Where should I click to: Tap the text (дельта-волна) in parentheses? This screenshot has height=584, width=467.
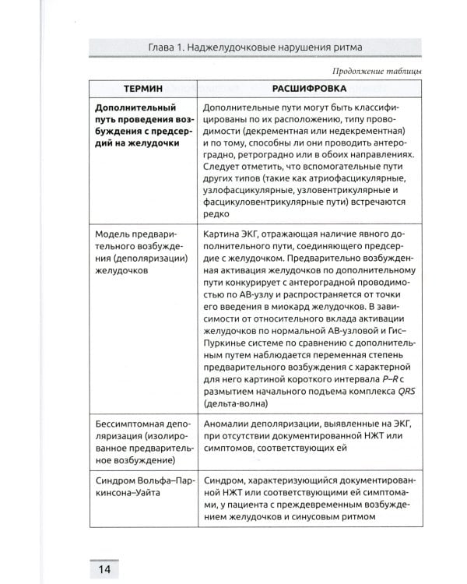click(234, 404)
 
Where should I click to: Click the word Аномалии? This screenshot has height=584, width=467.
click(225, 423)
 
